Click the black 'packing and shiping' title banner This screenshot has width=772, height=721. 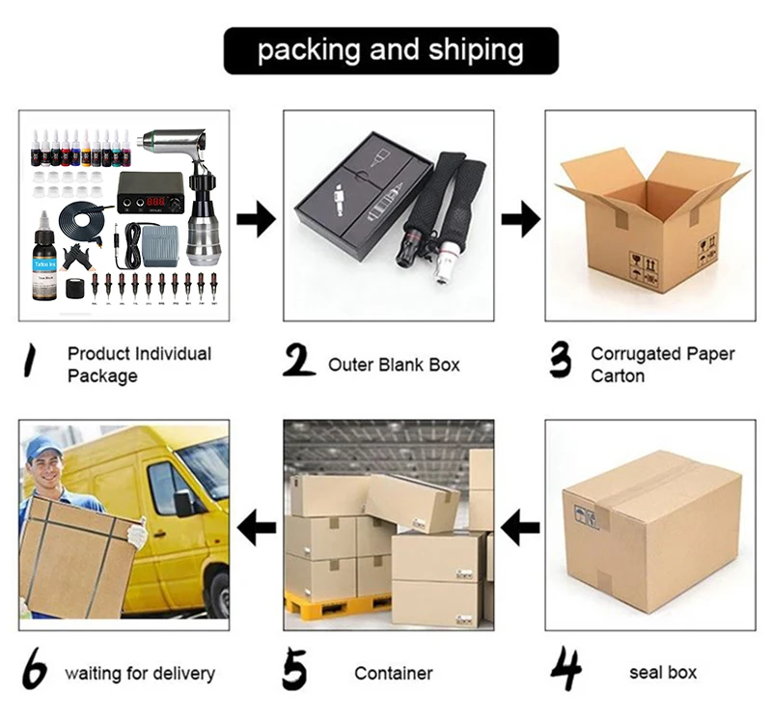(391, 50)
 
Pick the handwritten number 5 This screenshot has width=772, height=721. (298, 669)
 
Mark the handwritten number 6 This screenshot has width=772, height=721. (36, 671)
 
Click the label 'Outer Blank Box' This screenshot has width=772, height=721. (394, 365)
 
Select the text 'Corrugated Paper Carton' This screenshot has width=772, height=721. (662, 365)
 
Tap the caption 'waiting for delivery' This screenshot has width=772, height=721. (139, 674)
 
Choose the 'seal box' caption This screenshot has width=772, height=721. (663, 673)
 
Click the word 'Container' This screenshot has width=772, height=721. (394, 674)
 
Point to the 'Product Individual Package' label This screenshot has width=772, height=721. (139, 365)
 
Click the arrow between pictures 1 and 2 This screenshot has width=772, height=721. (256, 220)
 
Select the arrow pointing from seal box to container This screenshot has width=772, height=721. (521, 527)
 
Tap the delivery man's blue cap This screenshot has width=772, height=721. (42, 447)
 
